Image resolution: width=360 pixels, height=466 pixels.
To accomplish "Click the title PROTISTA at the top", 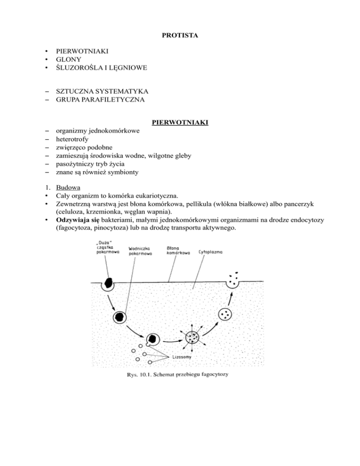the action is click(180, 35).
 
